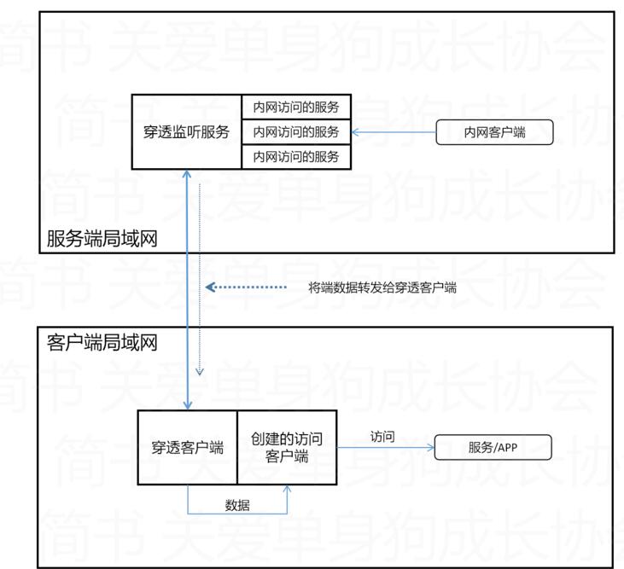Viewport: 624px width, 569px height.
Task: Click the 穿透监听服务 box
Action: [187, 131]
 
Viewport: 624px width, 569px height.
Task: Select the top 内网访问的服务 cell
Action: [296, 107]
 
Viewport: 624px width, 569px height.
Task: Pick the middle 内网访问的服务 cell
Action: [296, 132]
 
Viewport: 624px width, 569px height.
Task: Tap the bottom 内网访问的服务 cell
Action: [296, 157]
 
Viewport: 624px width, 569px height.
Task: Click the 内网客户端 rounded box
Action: [494, 132]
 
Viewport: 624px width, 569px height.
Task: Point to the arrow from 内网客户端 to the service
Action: [393, 132]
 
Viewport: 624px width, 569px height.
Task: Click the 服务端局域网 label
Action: [102, 239]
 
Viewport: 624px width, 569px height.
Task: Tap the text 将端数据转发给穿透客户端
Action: [382, 287]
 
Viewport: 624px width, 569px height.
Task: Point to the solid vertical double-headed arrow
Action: [187, 290]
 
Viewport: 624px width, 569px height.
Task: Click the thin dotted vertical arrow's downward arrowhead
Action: [200, 372]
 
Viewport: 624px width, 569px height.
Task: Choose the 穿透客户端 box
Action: [187, 447]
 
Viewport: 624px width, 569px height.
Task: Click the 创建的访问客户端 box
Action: [287, 447]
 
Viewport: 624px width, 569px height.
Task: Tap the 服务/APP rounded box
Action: [493, 447]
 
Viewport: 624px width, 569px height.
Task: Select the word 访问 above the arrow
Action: [382, 436]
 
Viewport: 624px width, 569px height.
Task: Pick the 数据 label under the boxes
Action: [237, 504]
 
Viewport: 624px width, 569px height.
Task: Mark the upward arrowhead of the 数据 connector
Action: [287, 489]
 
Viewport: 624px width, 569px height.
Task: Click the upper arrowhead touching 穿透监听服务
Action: [187, 174]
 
